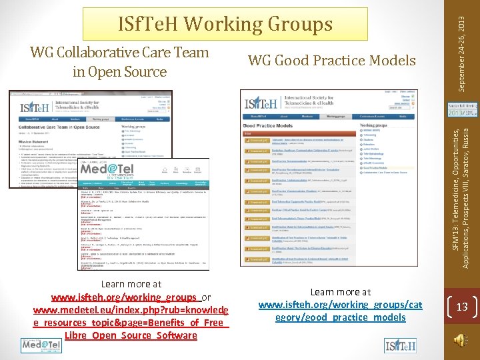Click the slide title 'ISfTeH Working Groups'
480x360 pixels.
coord(225,24)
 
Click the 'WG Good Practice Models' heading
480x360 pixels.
coord(331,61)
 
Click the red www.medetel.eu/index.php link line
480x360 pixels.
coord(131,310)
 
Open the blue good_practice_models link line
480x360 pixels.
coord(340,317)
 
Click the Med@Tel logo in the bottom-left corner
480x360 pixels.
coord(41,345)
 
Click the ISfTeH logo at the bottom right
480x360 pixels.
coord(401,345)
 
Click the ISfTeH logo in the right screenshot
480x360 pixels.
coord(259,104)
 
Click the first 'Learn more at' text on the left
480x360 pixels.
coord(131,284)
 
